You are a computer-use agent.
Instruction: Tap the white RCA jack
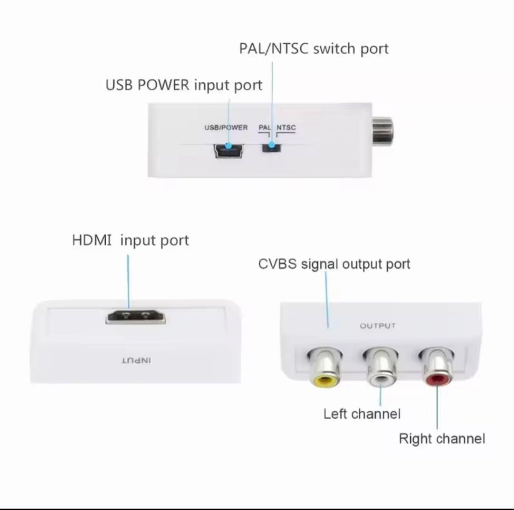pyautogui.click(x=381, y=368)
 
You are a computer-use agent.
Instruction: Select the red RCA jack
pyautogui.click(x=436, y=367)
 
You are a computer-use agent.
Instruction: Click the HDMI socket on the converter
pyautogui.click(x=136, y=316)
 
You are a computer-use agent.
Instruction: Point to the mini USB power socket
pyautogui.click(x=228, y=150)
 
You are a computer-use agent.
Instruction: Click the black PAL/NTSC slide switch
pyautogui.click(x=272, y=147)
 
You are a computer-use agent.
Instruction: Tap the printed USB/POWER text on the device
pyautogui.click(x=226, y=127)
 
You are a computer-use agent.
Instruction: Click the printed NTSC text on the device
pyautogui.click(x=286, y=127)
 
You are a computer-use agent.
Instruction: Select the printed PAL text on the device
pyautogui.click(x=265, y=127)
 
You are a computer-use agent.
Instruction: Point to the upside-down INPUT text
pyautogui.click(x=137, y=361)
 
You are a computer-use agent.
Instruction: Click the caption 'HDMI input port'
pyautogui.click(x=130, y=241)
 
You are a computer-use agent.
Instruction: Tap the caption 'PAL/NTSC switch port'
pyautogui.click(x=314, y=49)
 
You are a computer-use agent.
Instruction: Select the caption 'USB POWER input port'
pyautogui.click(x=184, y=85)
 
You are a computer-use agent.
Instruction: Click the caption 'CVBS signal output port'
pyautogui.click(x=334, y=264)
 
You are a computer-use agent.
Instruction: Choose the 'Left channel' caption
pyautogui.click(x=362, y=414)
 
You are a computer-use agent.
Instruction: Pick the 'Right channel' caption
pyautogui.click(x=442, y=439)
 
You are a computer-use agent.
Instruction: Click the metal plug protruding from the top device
pyautogui.click(x=382, y=132)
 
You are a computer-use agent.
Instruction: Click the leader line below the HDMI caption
pyautogui.click(x=128, y=282)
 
